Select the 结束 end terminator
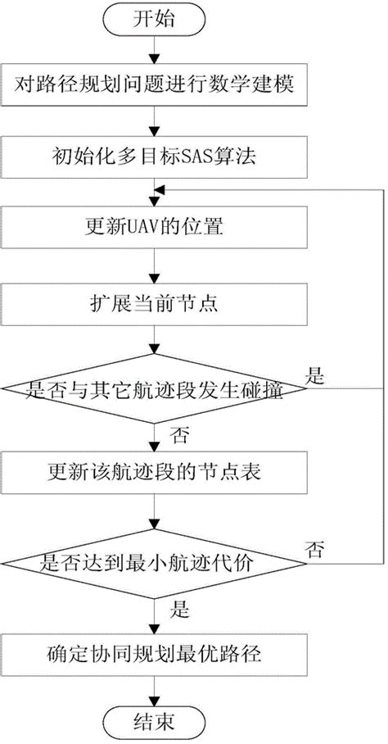[153, 722]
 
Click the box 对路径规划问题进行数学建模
[153, 84]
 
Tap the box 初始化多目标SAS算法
[153, 154]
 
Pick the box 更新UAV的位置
[153, 225]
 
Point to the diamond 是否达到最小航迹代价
[153, 562]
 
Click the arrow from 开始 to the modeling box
[153, 52]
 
